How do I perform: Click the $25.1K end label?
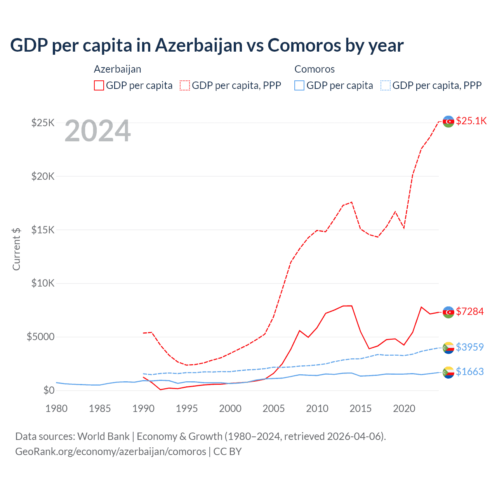(x=471, y=121)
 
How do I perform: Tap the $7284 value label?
(x=469, y=311)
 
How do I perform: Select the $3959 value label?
(x=469, y=347)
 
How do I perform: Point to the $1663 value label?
(x=469, y=372)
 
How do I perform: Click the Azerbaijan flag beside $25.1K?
(x=448, y=121)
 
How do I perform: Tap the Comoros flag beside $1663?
(x=448, y=372)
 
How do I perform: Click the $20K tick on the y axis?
(x=43, y=176)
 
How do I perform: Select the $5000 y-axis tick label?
(x=40, y=337)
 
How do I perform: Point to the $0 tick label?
(x=49, y=390)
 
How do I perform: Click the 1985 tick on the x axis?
(x=100, y=408)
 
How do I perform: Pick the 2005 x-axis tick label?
(x=274, y=408)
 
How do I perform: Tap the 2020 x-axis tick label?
(x=404, y=408)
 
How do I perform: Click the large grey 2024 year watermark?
(x=97, y=131)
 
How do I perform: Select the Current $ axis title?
(x=16, y=249)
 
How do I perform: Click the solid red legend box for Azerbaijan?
(x=99, y=85)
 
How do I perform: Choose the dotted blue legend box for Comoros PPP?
(x=386, y=85)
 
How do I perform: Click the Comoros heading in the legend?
(x=315, y=69)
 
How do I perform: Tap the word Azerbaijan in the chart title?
(x=199, y=45)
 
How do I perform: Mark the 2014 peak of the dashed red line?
(x=352, y=202)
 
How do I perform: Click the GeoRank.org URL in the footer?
(x=111, y=452)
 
